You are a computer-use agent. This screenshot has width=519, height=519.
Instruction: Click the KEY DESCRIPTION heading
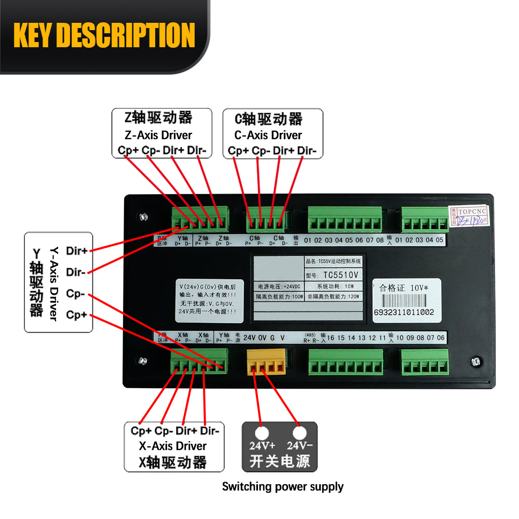tap(104, 35)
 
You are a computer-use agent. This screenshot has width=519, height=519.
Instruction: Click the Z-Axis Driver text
tap(158, 135)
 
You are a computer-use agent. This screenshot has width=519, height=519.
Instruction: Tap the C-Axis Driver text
tap(268, 135)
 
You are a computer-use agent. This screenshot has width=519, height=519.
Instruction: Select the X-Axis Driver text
tap(173, 446)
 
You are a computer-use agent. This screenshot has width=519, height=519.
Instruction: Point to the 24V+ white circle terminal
tap(262, 433)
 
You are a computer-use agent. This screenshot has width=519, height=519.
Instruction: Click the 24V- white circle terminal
tap(299, 433)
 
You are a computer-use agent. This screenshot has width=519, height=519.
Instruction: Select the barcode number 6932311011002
tap(404, 312)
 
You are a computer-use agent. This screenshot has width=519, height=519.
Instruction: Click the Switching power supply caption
tap(283, 487)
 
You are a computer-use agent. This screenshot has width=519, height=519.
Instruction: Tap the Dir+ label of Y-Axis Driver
tap(76, 251)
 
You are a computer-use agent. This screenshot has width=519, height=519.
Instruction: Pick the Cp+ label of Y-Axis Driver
tap(76, 315)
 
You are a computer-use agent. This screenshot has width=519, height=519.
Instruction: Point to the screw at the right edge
tap(474, 361)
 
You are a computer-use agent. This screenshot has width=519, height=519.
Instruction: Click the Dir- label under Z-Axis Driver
tap(197, 151)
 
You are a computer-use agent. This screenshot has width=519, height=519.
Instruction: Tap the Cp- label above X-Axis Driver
tap(164, 431)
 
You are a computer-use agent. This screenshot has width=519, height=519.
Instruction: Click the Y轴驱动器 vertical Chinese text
tap(36, 282)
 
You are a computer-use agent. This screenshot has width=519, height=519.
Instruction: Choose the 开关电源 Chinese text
tap(280, 461)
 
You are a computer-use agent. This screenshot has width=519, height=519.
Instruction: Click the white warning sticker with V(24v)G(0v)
tap(207, 299)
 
